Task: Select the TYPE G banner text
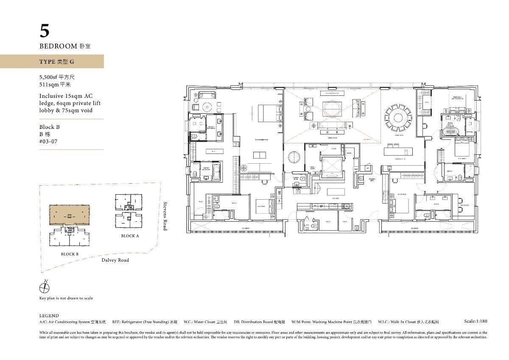57,62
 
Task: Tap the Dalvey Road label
115,260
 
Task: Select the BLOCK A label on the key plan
130,236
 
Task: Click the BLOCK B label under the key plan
70,254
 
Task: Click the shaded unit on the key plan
70,216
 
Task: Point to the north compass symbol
44,288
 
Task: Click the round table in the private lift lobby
294,158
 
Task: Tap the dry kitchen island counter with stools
398,151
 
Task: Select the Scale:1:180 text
475,321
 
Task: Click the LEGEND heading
49,316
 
